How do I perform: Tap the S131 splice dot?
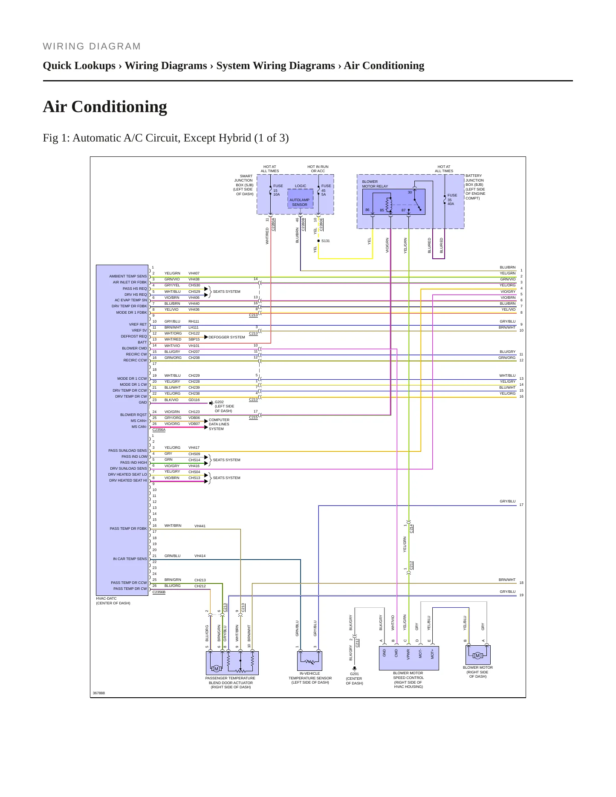tap(318, 241)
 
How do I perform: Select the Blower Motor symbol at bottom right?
tap(478, 655)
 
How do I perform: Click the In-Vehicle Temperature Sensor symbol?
tap(309, 661)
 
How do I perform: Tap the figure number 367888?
tap(99, 693)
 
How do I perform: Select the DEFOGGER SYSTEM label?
tap(227, 337)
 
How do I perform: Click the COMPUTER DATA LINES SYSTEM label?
tap(219, 424)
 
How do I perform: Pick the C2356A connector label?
tap(159, 430)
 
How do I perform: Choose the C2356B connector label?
tap(159, 592)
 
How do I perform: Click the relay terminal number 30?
tap(410, 192)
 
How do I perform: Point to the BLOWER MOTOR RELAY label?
tap(375, 184)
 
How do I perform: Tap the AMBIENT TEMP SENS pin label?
tap(128, 276)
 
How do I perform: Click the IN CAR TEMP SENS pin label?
tap(130, 559)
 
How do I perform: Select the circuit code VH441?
tap(200, 526)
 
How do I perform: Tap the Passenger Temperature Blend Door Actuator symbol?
tap(232, 663)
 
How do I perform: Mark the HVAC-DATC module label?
tap(106, 598)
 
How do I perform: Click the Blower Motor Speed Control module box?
tap(409, 658)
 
